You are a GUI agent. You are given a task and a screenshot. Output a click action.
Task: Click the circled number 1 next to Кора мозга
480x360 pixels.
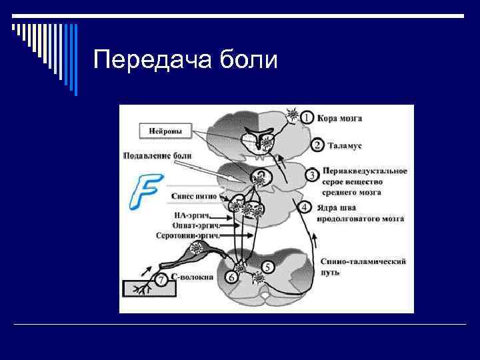[307, 117]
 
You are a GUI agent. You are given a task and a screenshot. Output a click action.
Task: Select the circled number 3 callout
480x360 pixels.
[311, 175]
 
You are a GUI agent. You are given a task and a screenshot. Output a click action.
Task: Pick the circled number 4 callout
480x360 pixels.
[304, 207]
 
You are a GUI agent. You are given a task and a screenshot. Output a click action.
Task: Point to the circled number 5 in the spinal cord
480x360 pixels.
[267, 266]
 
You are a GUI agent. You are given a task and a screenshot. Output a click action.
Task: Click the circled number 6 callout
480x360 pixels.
[231, 277]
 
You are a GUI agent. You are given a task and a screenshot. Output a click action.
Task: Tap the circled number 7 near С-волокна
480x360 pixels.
[161, 279]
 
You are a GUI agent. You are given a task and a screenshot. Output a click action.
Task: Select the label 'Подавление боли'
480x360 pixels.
[157, 156]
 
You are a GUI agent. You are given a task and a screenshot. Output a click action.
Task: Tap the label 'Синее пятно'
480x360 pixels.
[193, 197]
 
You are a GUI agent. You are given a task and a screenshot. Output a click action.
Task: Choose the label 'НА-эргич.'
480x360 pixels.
[191, 215]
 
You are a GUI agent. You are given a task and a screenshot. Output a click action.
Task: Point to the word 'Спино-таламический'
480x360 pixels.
[363, 261]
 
